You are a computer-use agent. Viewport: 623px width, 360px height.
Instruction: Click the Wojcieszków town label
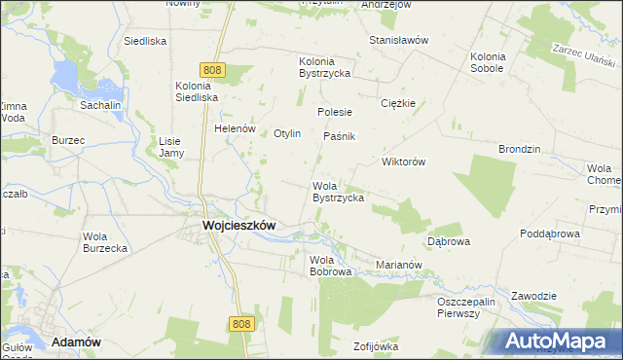coord(238,225)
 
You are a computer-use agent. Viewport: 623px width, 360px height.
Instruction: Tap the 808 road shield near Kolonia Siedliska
coord(214,70)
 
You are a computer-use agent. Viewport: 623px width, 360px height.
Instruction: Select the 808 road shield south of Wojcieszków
coord(243,324)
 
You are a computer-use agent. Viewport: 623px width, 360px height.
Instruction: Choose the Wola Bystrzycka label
coord(338,192)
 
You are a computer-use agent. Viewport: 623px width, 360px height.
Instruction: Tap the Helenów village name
coord(235,128)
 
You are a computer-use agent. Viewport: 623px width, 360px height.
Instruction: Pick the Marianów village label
coord(398,264)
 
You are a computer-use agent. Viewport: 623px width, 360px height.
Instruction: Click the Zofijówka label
coord(377,345)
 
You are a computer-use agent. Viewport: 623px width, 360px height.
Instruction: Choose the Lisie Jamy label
coord(170,146)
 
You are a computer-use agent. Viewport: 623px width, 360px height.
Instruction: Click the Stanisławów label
coord(399,40)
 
